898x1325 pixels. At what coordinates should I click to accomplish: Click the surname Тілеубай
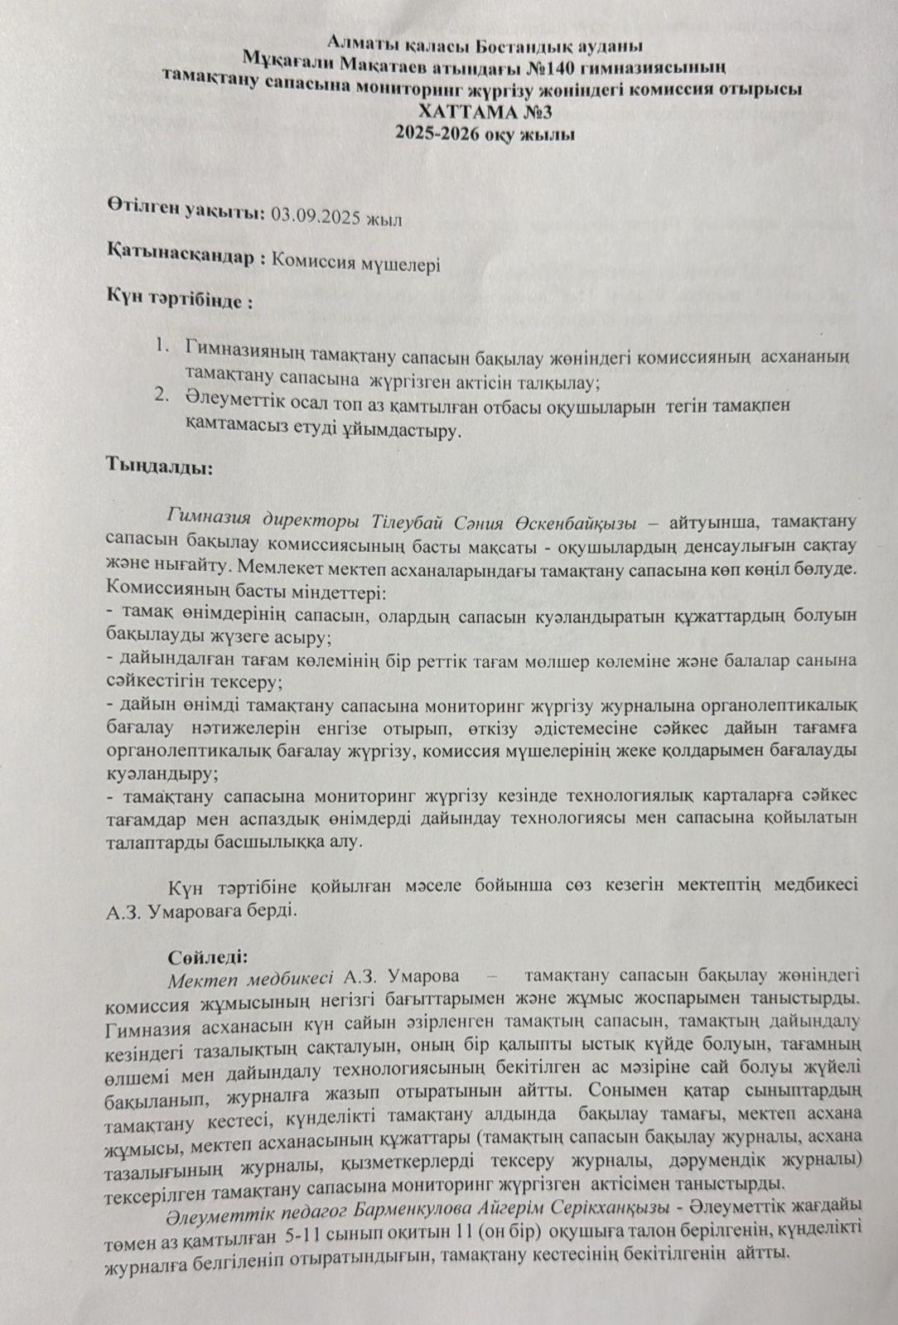408,522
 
